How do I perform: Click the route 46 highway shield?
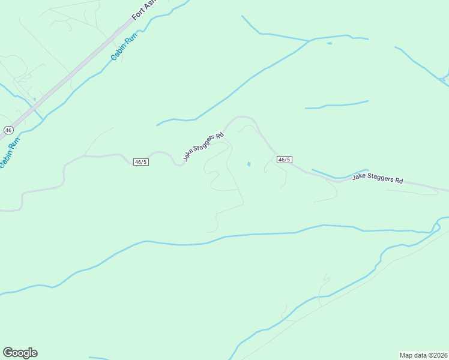(x=8, y=130)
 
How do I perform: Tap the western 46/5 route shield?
(x=141, y=162)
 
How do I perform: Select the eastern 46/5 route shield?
(x=285, y=160)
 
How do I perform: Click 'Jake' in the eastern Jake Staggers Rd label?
(x=358, y=177)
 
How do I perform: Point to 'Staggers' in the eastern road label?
(x=381, y=179)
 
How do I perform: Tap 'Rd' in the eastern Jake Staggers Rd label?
(x=399, y=181)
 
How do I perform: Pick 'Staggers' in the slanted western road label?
(x=204, y=143)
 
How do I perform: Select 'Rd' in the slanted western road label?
(x=220, y=135)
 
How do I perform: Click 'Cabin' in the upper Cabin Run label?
(x=117, y=54)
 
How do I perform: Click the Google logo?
(x=20, y=353)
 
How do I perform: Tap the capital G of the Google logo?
(x=8, y=352)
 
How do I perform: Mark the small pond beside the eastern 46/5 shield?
(x=249, y=164)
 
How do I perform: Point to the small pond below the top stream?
(x=328, y=43)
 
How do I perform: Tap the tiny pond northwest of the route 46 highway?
(x=34, y=100)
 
